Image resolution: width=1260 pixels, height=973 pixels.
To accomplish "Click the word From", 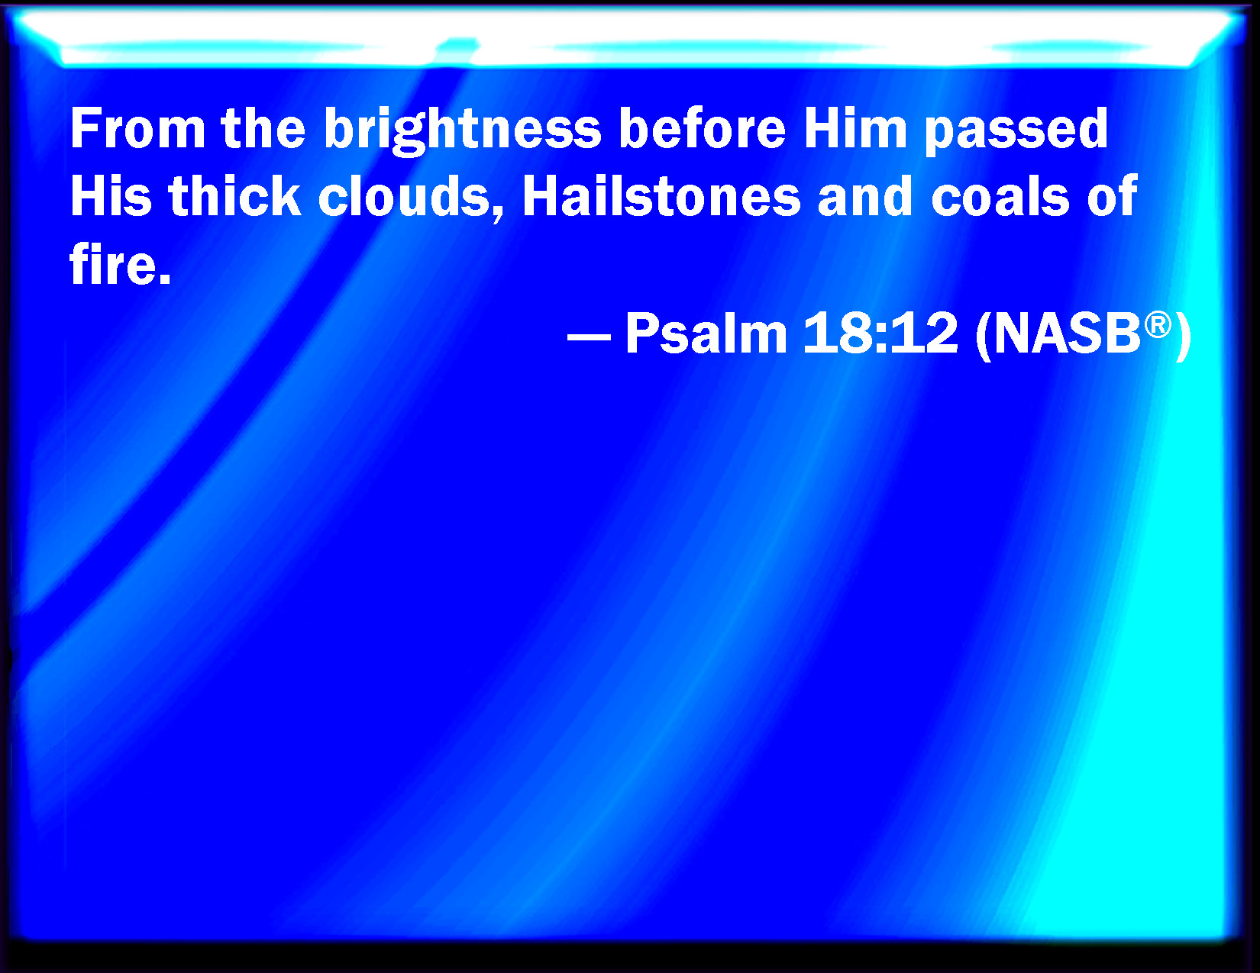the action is coord(137,129).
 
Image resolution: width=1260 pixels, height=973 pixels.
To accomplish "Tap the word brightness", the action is coord(462,131).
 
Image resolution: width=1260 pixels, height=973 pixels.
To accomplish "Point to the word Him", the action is coord(855,128).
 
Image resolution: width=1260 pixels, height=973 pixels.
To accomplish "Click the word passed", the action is coord(1016,131).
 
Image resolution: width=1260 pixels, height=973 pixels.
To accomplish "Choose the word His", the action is coord(111,196).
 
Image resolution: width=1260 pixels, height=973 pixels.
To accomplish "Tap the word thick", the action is coord(235,195).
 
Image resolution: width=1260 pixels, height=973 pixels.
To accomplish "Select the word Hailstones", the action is coord(661,195).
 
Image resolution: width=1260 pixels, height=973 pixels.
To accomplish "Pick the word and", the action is coord(865,195).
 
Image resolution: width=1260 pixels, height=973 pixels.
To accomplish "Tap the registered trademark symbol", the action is coord(1158,324).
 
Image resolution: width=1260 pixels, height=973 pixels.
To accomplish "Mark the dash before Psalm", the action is coord(589,336).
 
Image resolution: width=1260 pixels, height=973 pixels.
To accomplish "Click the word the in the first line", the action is coord(263,128).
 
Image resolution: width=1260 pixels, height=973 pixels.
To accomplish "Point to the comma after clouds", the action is coord(497,214).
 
